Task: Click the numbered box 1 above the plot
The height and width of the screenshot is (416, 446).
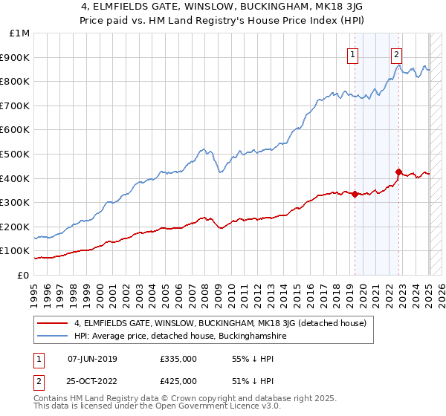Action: tap(352, 53)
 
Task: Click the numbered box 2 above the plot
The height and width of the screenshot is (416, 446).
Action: tap(397, 53)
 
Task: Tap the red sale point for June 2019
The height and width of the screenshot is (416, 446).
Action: tap(355, 195)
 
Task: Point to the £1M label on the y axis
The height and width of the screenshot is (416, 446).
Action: tap(20, 33)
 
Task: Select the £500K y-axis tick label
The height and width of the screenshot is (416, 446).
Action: tap(16, 154)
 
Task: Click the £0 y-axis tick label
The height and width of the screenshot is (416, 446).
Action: tap(22, 275)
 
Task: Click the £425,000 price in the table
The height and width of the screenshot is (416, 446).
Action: tap(178, 381)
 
